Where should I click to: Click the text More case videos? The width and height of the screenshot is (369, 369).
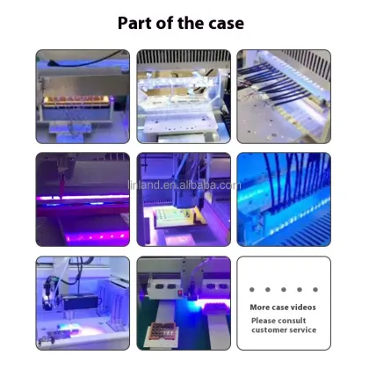pos(282,307)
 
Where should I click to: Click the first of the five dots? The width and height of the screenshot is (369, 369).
pos(251,288)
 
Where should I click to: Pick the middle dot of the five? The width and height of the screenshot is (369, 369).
pos(283,288)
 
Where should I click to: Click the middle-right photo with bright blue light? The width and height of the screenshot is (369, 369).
pos(283,199)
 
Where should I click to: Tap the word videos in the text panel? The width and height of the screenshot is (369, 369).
pos(301,307)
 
